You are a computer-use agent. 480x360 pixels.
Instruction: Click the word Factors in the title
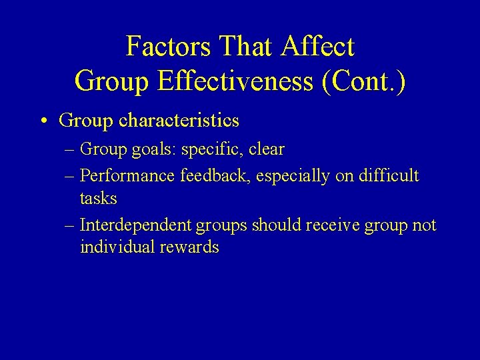coord(167,47)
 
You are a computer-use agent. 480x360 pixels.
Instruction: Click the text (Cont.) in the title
coord(363,81)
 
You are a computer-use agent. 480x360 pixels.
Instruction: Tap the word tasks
coord(98,199)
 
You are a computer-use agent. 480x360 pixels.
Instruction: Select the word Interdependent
coord(135,225)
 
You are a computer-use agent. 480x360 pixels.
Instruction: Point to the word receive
coord(332,225)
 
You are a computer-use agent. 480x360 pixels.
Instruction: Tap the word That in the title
coord(246,47)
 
